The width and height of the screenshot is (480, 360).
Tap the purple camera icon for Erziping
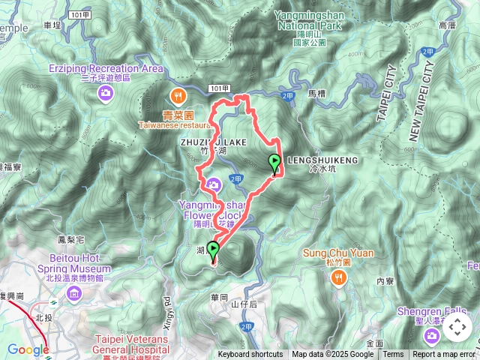[x=106, y=92]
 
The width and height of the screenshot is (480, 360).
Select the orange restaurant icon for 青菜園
[x=178, y=95]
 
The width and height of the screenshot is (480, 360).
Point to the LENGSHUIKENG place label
[x=322, y=160]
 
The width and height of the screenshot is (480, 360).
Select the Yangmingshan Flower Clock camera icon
[x=214, y=184]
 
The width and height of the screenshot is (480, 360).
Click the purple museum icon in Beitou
[x=73, y=291]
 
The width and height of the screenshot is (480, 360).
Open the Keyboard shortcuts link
[x=250, y=355]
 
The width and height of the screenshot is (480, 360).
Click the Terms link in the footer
[x=393, y=355]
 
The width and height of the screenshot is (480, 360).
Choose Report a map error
[x=445, y=355]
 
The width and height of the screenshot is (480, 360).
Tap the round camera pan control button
[x=457, y=327]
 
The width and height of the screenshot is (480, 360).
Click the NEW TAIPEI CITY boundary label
[x=422, y=97]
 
